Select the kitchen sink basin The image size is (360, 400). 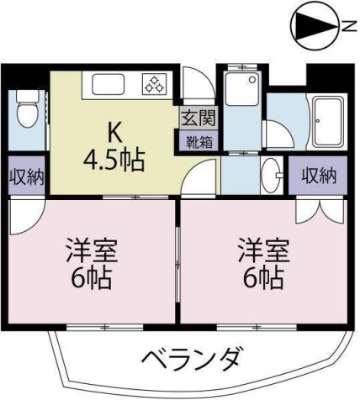(109, 84)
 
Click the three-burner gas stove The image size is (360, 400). (154, 84)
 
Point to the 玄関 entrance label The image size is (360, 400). (199, 118)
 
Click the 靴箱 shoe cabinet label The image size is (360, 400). (199, 142)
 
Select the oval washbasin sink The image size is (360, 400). (271, 176)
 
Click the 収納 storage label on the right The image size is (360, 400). (319, 176)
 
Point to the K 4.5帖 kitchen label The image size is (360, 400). (114, 150)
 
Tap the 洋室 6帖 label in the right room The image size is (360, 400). (264, 263)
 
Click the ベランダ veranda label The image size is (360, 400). (191, 359)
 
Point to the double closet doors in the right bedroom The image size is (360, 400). (320, 211)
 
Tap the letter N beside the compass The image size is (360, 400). (348, 27)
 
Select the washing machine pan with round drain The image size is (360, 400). (242, 88)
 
